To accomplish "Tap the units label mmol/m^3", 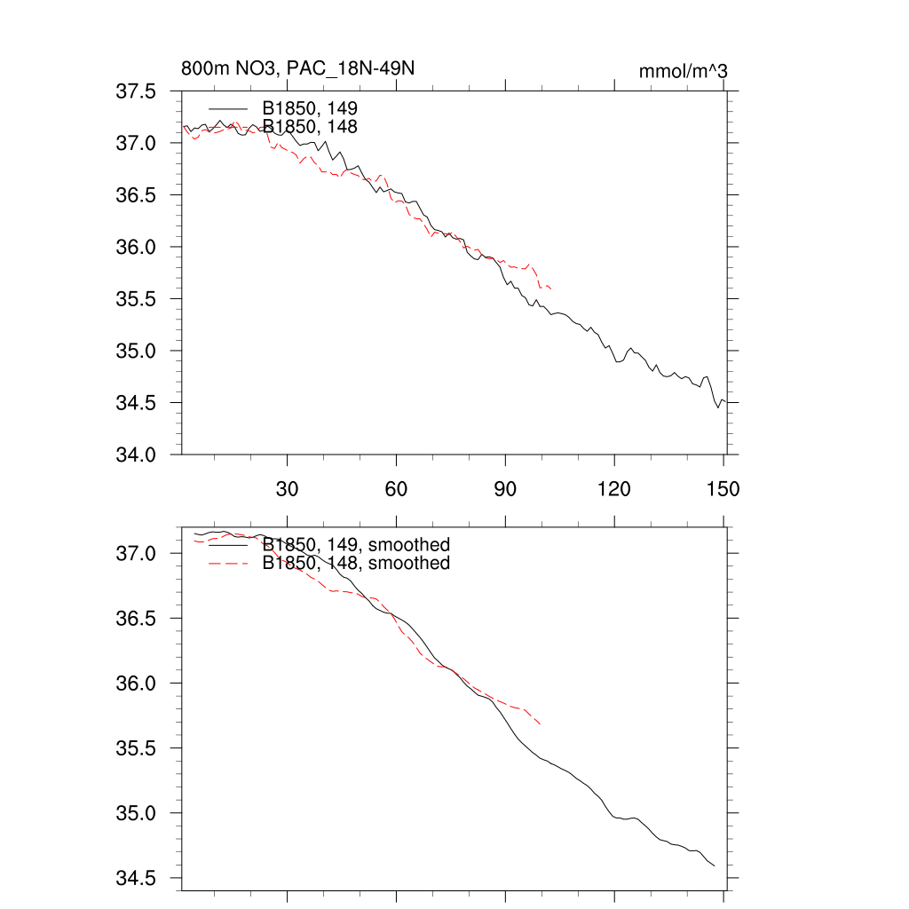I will click(683, 71).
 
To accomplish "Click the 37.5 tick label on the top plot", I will click(138, 91).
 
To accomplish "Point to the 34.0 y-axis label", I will click(138, 455).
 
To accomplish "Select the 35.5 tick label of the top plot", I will click(138, 299).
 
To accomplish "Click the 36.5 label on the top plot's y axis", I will click(138, 195).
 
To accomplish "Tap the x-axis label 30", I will click(288, 489).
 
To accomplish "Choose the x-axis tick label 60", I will click(396, 489).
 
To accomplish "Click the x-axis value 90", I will click(505, 489).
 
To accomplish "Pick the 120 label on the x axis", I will click(614, 489).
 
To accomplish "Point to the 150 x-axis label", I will click(723, 489).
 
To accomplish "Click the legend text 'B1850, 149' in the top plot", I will click(309, 108).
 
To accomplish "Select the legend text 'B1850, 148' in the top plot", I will click(309, 127).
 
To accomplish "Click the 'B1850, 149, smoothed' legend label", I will click(356, 544).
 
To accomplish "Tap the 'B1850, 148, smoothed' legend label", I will click(356, 564).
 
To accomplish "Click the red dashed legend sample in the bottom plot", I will click(228, 564).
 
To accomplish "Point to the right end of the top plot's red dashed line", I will click(552, 289).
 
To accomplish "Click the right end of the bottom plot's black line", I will click(715, 866).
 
